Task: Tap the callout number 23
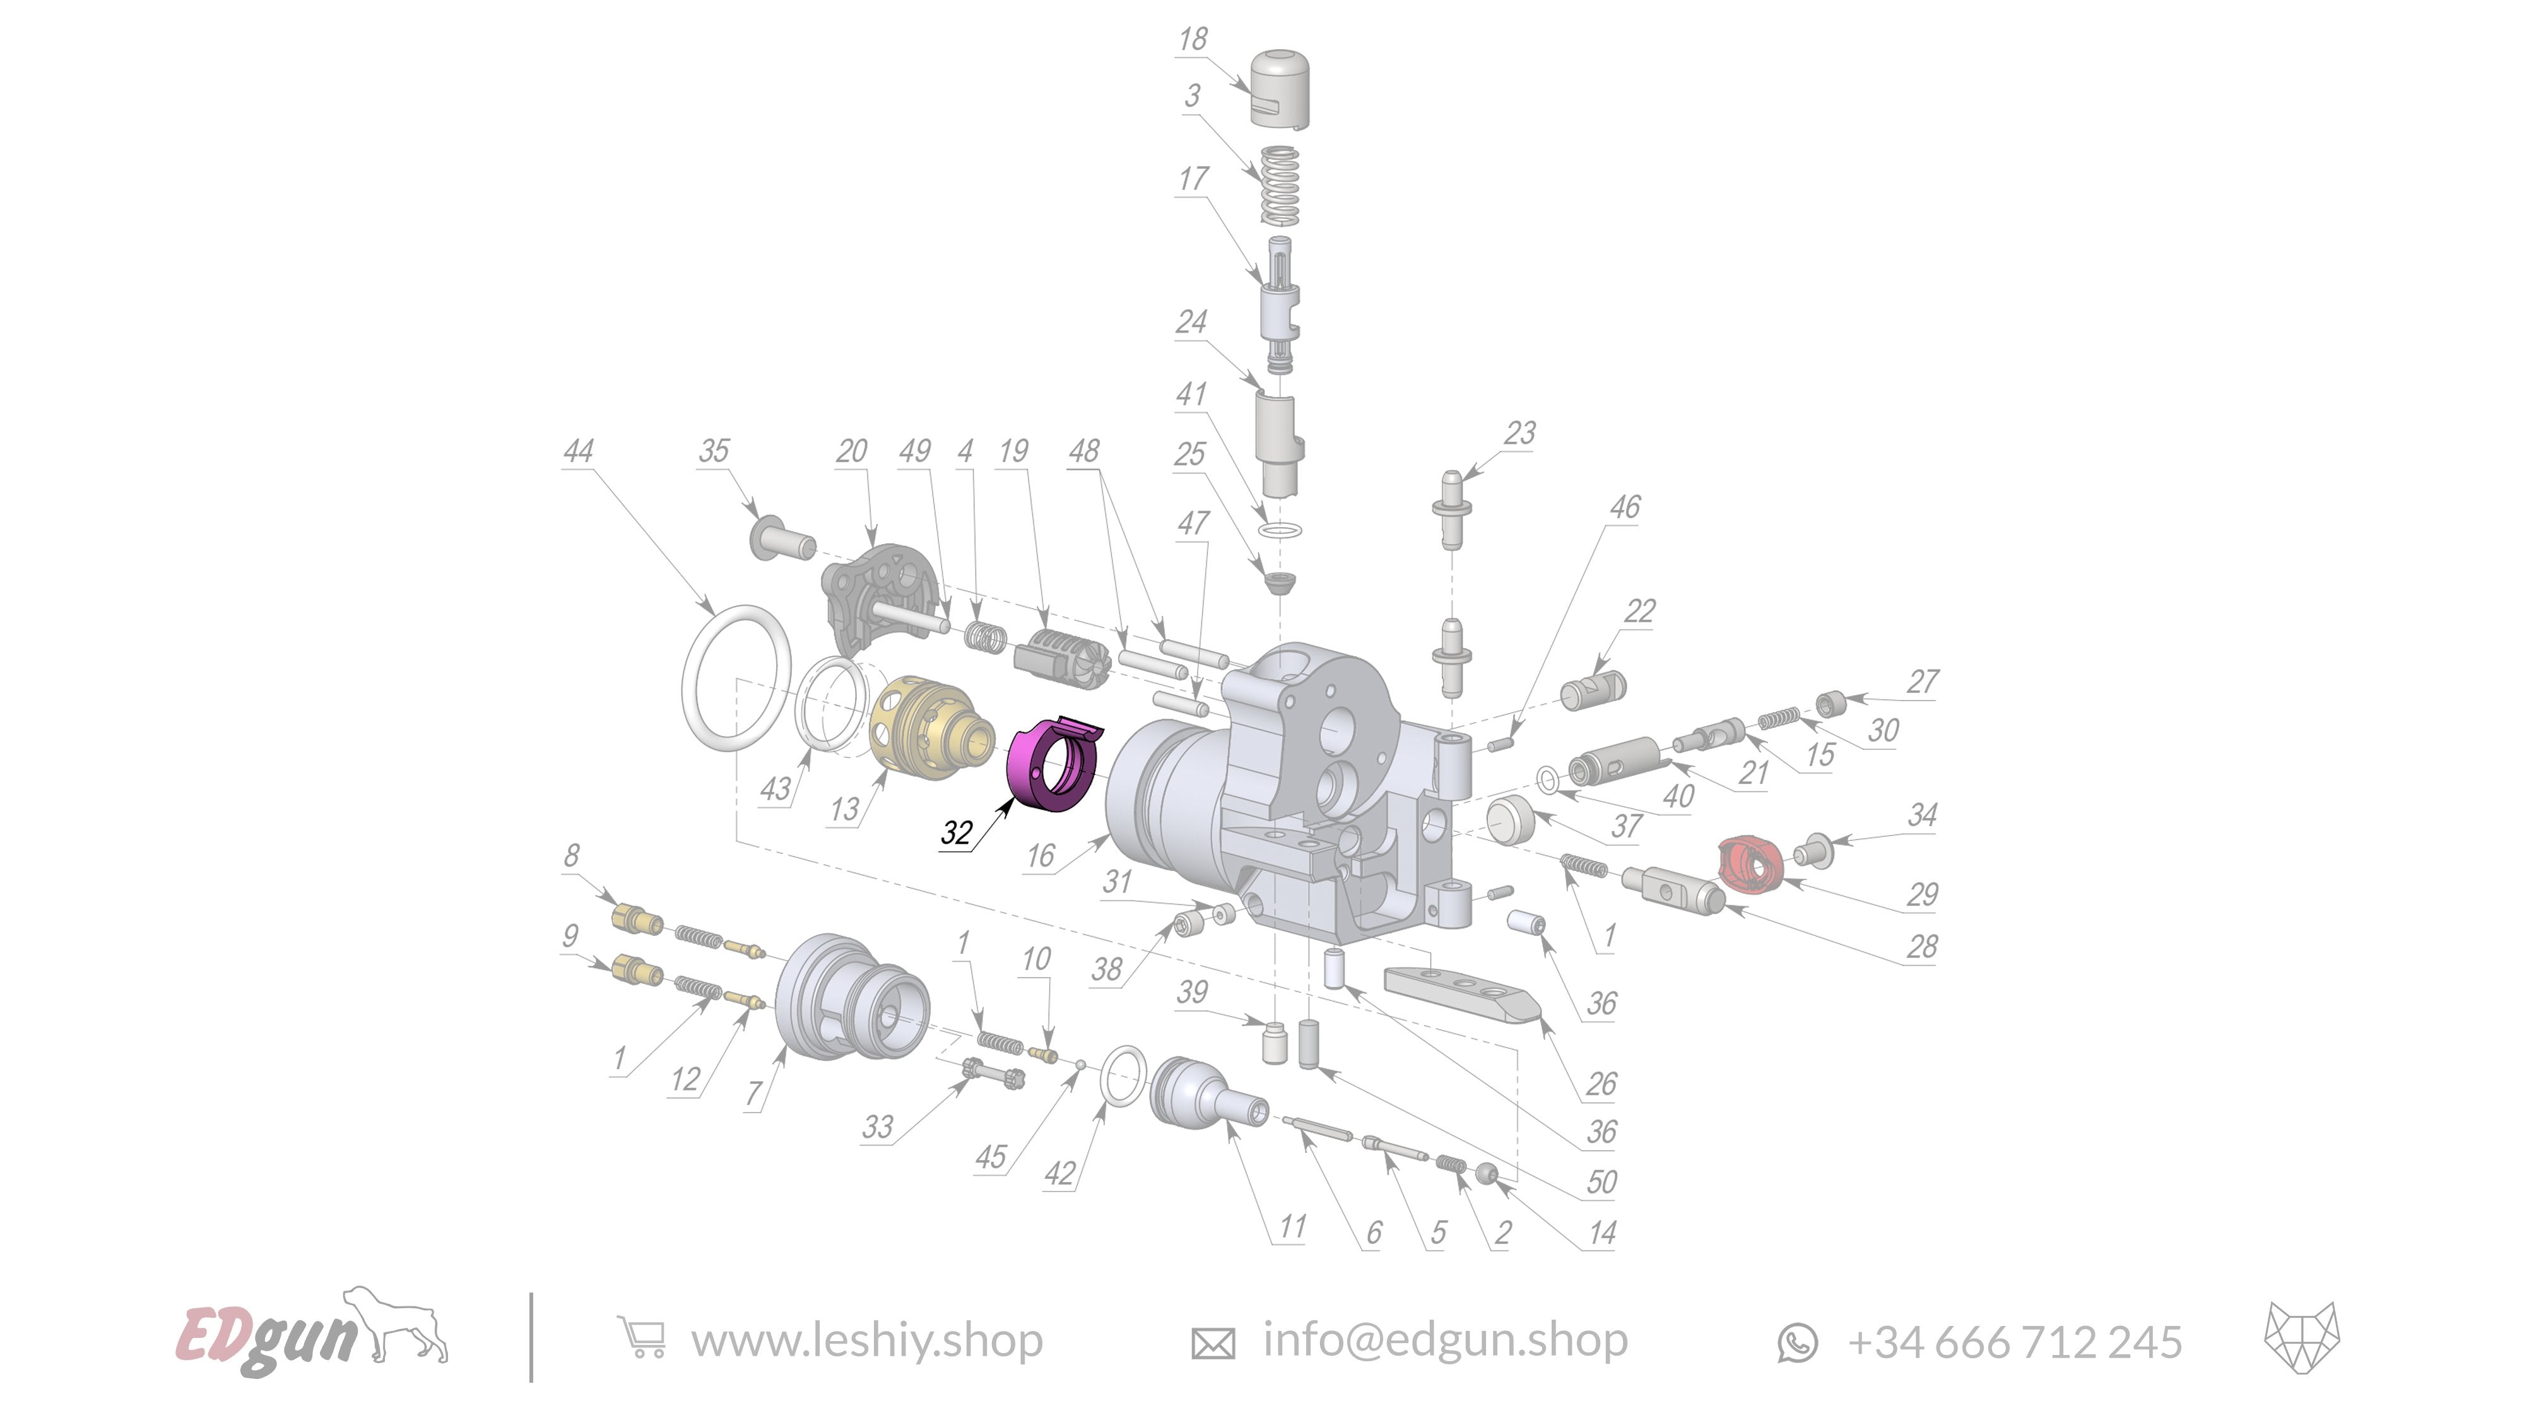click(1519, 433)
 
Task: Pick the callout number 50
click(1601, 1182)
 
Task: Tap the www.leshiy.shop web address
click(866, 1340)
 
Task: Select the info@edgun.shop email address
click(1444, 1340)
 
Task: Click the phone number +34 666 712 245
click(2015, 1342)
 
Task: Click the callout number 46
click(1625, 507)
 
